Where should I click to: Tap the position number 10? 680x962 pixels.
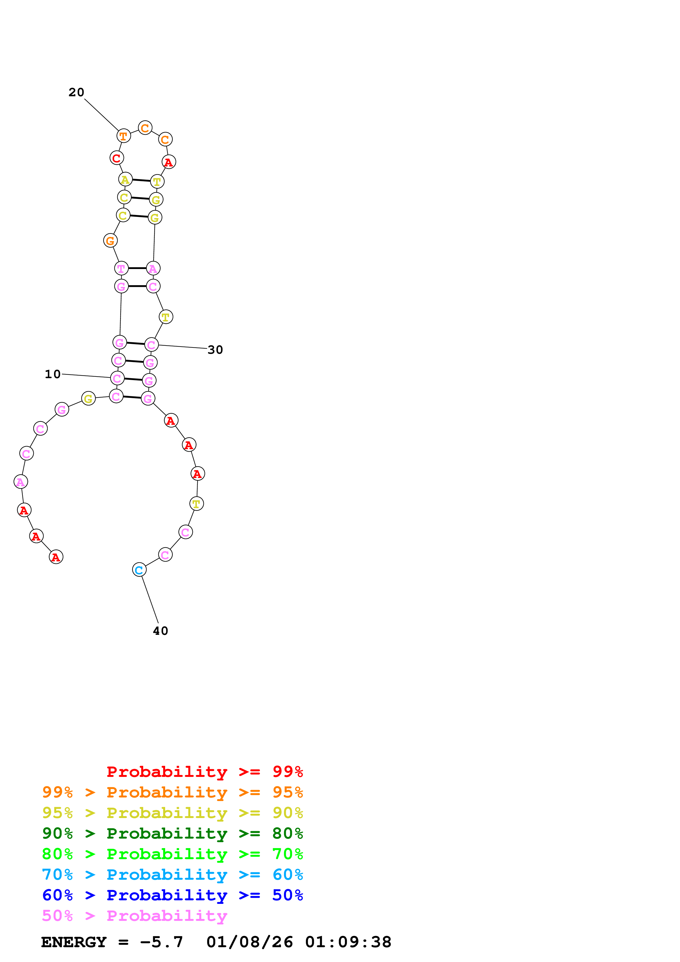click(x=53, y=374)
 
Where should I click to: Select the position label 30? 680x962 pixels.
click(x=215, y=350)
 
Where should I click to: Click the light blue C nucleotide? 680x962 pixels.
click(x=139, y=570)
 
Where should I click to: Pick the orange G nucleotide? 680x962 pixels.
click(x=110, y=240)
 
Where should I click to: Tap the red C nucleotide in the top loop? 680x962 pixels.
click(x=117, y=158)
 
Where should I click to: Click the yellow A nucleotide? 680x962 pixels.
click(x=125, y=179)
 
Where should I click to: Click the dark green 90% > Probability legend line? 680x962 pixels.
click(x=173, y=834)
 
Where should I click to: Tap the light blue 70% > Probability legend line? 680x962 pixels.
click(x=173, y=875)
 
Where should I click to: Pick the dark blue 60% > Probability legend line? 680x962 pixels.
click(x=173, y=895)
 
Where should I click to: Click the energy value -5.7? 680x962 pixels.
click(x=161, y=942)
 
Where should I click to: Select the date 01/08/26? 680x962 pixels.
click(x=250, y=942)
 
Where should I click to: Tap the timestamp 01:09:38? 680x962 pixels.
click(x=348, y=942)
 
